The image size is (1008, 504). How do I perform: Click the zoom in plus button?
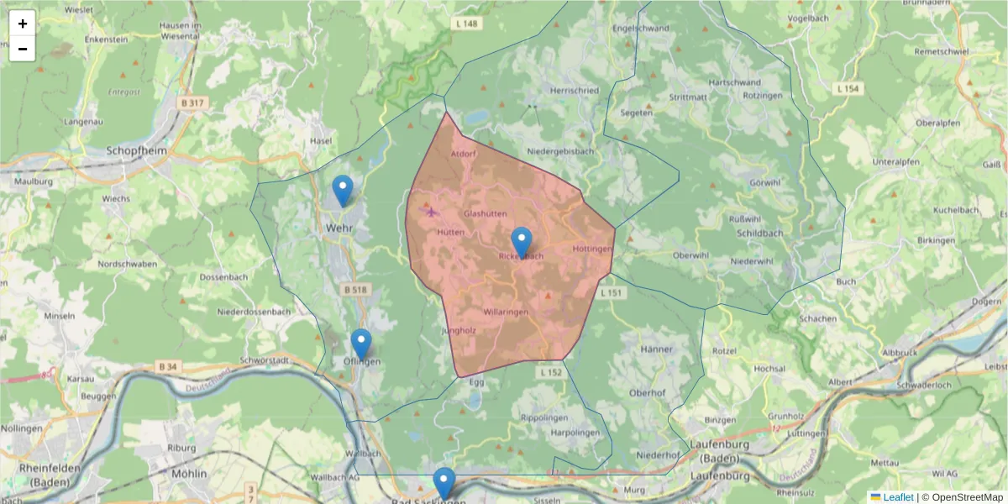click(x=23, y=24)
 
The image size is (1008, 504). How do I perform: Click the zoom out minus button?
click(x=23, y=49)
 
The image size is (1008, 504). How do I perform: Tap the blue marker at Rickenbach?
click(x=522, y=242)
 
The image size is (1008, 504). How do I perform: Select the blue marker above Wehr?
click(x=343, y=190)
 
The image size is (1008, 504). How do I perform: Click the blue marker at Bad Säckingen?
click(x=444, y=483)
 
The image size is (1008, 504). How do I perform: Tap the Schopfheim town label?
click(x=137, y=151)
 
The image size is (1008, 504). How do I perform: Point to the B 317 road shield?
click(x=192, y=103)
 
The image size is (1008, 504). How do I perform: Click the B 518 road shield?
click(x=355, y=290)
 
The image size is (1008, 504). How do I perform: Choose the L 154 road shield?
click(x=849, y=88)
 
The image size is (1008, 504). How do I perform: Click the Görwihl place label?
click(x=761, y=181)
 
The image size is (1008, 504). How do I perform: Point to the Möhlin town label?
click(x=188, y=474)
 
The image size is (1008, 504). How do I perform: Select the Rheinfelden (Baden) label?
click(x=50, y=476)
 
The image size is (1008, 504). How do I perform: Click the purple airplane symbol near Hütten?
click(x=432, y=211)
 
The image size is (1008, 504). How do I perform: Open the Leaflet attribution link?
click(x=897, y=497)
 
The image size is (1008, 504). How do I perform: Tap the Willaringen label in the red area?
click(x=506, y=312)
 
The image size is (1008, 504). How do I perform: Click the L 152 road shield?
click(x=550, y=371)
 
